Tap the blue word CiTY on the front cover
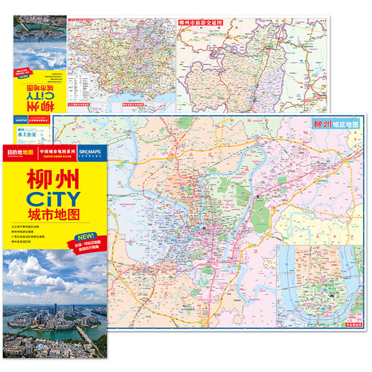[53, 200]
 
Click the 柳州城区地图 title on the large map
[339, 125]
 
